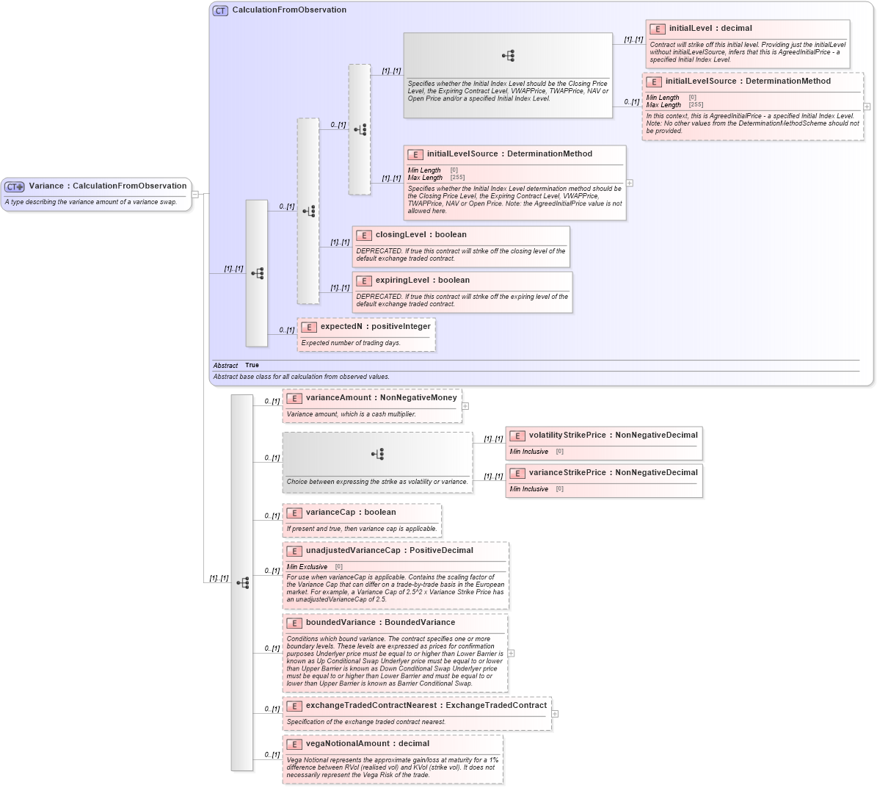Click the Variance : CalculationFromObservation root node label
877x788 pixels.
107,186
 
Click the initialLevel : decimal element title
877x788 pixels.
710,29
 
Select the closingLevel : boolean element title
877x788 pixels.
421,235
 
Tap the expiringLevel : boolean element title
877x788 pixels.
422,281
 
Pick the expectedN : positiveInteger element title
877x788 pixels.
375,327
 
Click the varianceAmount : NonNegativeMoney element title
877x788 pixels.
381,398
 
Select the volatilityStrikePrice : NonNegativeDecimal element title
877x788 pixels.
613,435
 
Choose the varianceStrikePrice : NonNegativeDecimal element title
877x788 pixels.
613,473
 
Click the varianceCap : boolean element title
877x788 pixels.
350,513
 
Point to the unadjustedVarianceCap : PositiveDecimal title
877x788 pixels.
389,551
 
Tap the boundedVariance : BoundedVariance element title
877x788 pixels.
379,623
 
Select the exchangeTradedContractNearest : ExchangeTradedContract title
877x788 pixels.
426,706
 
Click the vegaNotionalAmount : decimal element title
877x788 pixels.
367,744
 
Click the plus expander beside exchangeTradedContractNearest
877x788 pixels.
555,713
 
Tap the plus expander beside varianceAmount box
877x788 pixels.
465,405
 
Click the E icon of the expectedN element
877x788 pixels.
309,328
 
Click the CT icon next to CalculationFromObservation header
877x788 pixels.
220,10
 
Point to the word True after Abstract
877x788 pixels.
252,365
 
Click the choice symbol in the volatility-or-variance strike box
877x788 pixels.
377,454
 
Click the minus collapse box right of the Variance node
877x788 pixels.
195,194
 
